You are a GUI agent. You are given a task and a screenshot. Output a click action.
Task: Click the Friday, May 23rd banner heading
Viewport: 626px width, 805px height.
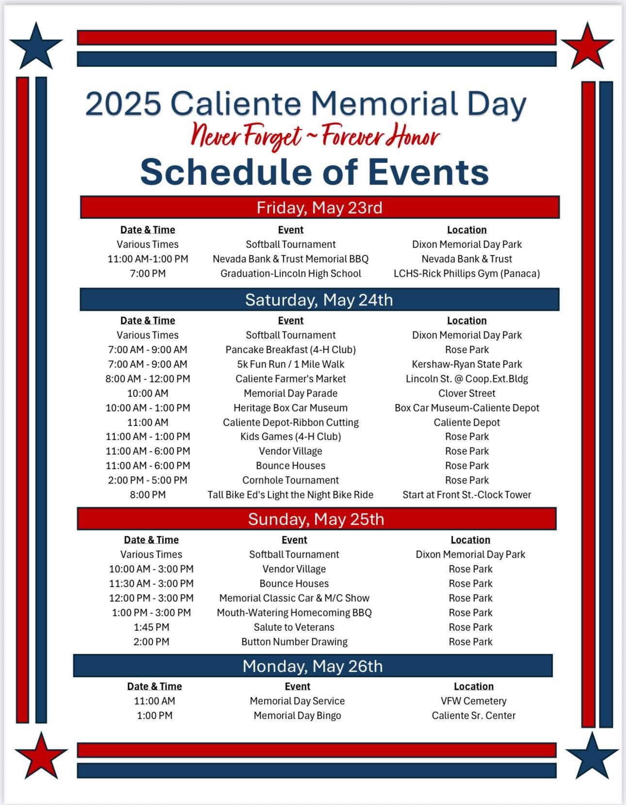(x=319, y=208)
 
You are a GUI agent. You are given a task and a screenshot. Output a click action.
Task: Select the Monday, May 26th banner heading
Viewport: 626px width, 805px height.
(x=313, y=666)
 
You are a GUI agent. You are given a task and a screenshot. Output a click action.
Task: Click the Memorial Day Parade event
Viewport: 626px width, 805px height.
(x=290, y=393)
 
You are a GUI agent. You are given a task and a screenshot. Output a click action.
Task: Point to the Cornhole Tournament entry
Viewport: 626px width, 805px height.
(x=290, y=480)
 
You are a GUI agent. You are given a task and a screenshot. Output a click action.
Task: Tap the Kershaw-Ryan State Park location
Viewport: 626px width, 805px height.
(x=467, y=364)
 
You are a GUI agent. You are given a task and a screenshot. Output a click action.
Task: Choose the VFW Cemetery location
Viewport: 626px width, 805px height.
(x=474, y=701)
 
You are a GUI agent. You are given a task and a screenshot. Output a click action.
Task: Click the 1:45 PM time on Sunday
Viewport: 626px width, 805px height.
(x=151, y=627)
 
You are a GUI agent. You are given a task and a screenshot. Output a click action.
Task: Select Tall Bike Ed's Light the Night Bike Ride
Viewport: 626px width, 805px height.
(x=290, y=494)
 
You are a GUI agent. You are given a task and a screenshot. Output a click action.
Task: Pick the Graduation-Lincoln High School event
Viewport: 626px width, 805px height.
(x=290, y=273)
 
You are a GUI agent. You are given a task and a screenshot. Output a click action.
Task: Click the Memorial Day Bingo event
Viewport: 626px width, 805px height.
(x=297, y=715)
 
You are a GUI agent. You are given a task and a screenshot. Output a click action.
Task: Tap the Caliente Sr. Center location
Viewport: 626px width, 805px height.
(x=474, y=715)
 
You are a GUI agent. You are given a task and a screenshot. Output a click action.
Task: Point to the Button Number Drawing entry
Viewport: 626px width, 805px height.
(x=294, y=641)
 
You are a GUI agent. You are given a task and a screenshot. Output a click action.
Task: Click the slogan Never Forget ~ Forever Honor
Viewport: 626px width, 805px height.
(x=315, y=136)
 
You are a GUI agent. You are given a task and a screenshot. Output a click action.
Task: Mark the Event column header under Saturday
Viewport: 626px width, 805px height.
(x=290, y=320)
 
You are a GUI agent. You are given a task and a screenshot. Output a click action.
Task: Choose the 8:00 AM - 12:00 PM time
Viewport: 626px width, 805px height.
(x=148, y=378)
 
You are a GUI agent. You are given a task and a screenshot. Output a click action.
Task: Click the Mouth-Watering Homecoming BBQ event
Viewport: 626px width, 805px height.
(x=294, y=613)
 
